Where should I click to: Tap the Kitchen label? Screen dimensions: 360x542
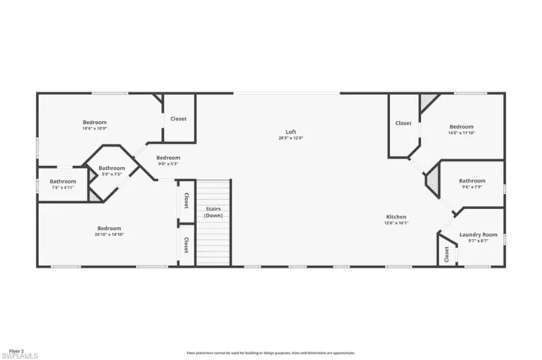[396, 216]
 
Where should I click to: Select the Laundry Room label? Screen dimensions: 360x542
[479, 234]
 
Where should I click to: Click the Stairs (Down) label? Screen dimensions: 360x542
[213, 212]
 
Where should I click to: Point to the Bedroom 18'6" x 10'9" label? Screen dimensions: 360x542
[95, 122]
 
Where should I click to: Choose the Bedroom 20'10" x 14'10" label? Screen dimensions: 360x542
[109, 228]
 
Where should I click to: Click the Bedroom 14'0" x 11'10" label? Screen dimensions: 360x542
[462, 126]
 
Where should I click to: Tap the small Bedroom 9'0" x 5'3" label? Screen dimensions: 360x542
[168, 158]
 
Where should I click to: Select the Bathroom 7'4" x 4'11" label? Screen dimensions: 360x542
[63, 181]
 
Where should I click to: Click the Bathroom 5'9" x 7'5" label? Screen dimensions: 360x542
[111, 168]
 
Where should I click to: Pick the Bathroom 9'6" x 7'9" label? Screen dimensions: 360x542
[472, 180]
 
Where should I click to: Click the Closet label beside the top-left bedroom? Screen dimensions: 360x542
[178, 119]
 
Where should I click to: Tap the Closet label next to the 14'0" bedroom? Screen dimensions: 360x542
[404, 123]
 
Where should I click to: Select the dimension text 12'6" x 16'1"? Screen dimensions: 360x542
[396, 222]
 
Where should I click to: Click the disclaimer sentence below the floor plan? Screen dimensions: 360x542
[271, 352]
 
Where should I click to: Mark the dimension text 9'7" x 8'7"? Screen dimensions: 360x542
[479, 241]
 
